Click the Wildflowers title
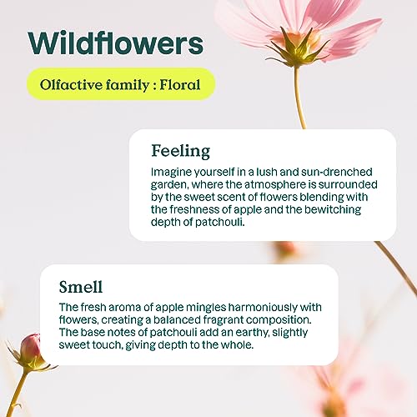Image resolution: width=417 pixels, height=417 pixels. [x=116, y=43]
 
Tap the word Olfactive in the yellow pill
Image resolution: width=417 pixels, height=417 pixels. [x=71, y=84]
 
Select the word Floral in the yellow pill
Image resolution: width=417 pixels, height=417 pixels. [x=180, y=84]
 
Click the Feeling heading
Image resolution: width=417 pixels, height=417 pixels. [x=181, y=151]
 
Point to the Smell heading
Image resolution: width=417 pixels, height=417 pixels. [x=81, y=287]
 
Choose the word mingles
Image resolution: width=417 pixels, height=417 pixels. [x=206, y=308]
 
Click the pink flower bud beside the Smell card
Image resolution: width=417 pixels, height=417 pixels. [x=30, y=348]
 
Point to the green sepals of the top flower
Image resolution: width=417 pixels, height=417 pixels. [x=297, y=50]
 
